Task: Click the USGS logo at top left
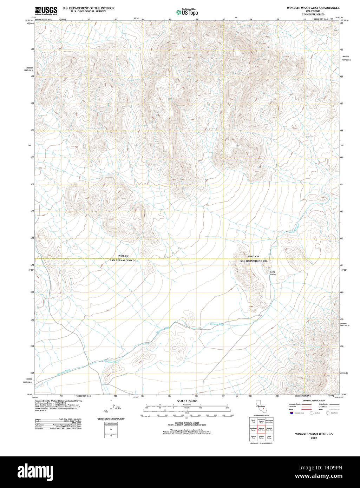(x=46, y=11)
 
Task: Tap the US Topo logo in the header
(x=187, y=12)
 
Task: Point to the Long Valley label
(x=273, y=273)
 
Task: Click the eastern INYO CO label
(x=253, y=257)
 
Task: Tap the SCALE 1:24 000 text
(x=187, y=401)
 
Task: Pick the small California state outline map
(x=261, y=409)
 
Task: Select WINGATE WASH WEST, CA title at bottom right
(x=311, y=434)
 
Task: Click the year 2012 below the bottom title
(x=311, y=438)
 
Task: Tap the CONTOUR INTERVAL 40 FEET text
(x=187, y=423)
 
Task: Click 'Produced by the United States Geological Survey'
(x=58, y=401)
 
